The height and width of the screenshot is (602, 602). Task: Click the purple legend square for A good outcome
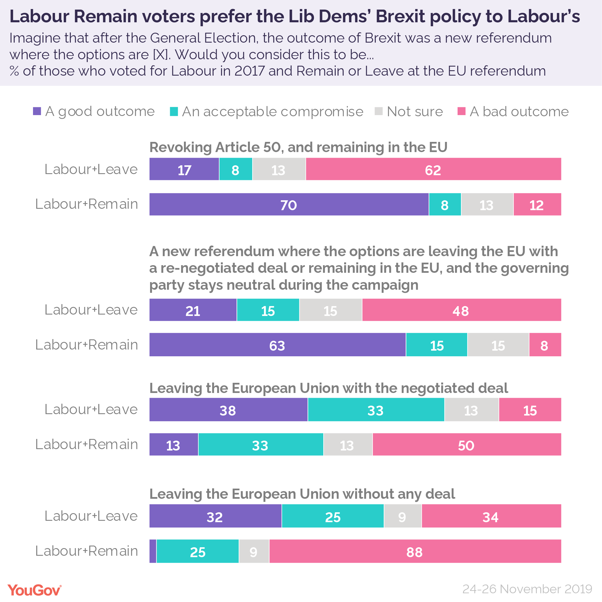[x=37, y=111]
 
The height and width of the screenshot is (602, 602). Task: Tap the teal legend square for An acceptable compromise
[x=174, y=111]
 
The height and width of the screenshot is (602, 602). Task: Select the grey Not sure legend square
[x=379, y=111]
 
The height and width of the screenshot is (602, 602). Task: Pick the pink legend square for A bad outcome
[x=462, y=111]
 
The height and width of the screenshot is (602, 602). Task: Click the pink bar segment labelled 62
[x=433, y=169]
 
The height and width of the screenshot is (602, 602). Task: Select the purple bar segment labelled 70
[x=289, y=205]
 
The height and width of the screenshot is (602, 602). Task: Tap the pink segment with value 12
[x=537, y=205]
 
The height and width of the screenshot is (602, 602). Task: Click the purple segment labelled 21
[x=193, y=310]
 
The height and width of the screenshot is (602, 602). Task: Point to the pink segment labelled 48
[x=462, y=310]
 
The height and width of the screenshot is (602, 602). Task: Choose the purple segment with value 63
[x=277, y=345]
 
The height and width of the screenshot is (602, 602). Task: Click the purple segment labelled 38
[x=229, y=410]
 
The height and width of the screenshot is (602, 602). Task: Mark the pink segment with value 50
[x=467, y=445]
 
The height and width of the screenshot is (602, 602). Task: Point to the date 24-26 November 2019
[x=527, y=589]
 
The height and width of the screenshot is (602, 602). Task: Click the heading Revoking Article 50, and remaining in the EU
[x=298, y=147]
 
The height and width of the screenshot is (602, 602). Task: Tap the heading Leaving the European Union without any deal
[x=302, y=494]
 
